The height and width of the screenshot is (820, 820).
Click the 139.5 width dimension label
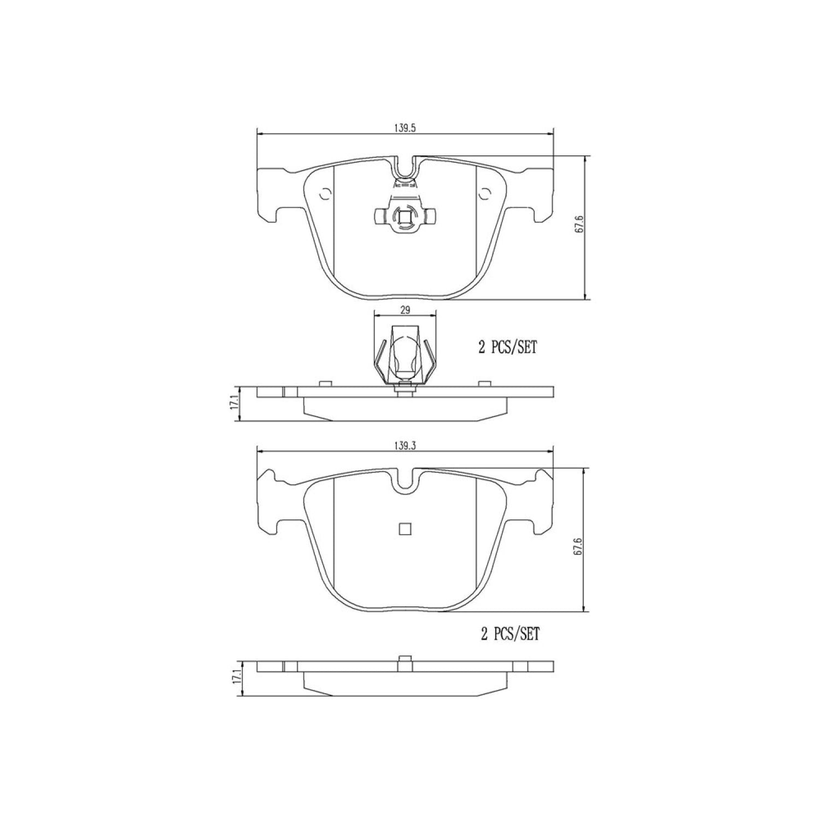[x=405, y=128]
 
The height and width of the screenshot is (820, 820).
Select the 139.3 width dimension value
[x=405, y=446]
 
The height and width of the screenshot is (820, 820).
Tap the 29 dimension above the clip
[x=405, y=310]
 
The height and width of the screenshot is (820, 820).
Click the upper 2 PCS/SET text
[x=508, y=348]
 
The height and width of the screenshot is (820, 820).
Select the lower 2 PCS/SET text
[x=509, y=634]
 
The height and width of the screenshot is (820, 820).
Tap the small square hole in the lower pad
[x=405, y=529]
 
